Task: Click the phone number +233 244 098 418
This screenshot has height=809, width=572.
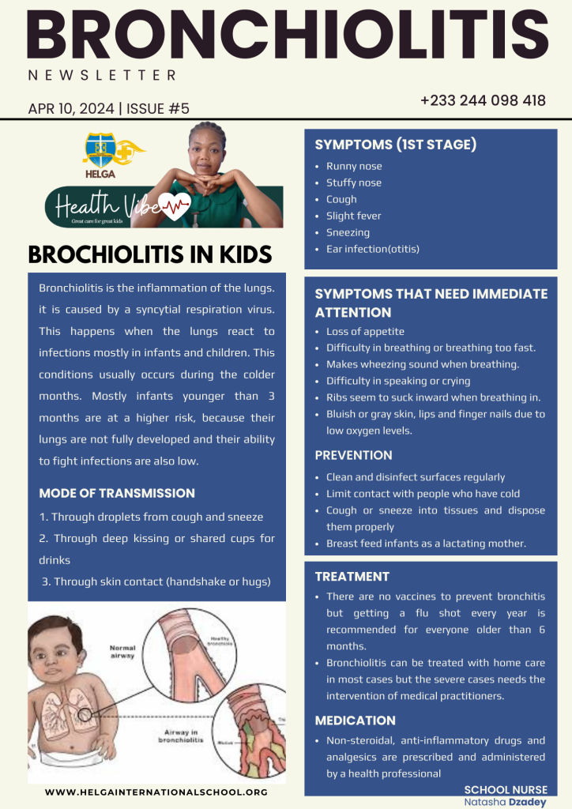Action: click(x=483, y=101)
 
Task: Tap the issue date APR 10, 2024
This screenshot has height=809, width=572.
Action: click(x=70, y=109)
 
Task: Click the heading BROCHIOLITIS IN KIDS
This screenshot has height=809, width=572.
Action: click(x=150, y=254)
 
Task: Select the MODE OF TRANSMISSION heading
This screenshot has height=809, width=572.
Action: click(x=117, y=493)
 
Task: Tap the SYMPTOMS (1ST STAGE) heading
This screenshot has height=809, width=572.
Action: click(x=395, y=145)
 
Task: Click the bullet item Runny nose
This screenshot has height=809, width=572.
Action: click(x=354, y=167)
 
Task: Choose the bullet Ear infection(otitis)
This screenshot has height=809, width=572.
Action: click(x=373, y=249)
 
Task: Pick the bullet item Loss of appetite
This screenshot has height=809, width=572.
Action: click(x=365, y=332)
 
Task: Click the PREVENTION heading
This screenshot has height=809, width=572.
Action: click(x=353, y=455)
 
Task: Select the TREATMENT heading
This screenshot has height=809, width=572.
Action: click(x=352, y=577)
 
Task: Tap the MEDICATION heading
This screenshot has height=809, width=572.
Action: click(x=355, y=721)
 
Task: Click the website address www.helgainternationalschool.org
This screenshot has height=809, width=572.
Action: click(x=156, y=792)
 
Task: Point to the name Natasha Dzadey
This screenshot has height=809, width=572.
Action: click(x=505, y=801)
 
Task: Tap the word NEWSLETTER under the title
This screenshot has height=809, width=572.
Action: click(x=101, y=76)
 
